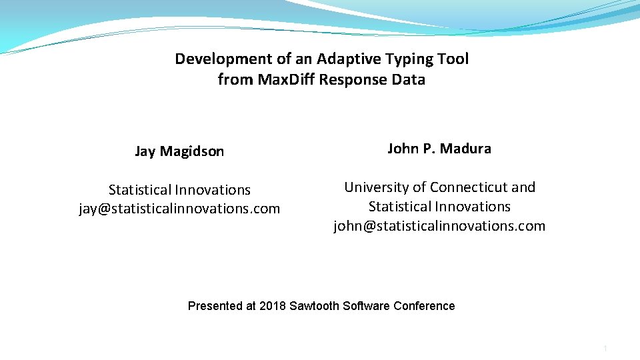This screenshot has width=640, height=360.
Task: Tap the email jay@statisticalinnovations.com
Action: [x=179, y=209]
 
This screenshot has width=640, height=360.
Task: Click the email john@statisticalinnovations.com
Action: [x=439, y=226]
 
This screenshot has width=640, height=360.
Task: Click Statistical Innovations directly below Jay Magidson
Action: [x=179, y=190]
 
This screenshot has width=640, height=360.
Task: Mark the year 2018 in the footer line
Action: [x=272, y=306]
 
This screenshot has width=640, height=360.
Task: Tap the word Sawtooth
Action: [x=313, y=306]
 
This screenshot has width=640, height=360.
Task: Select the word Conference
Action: [x=424, y=306]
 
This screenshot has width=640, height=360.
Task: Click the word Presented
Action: [x=215, y=306]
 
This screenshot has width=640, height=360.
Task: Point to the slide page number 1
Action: [x=605, y=349]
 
